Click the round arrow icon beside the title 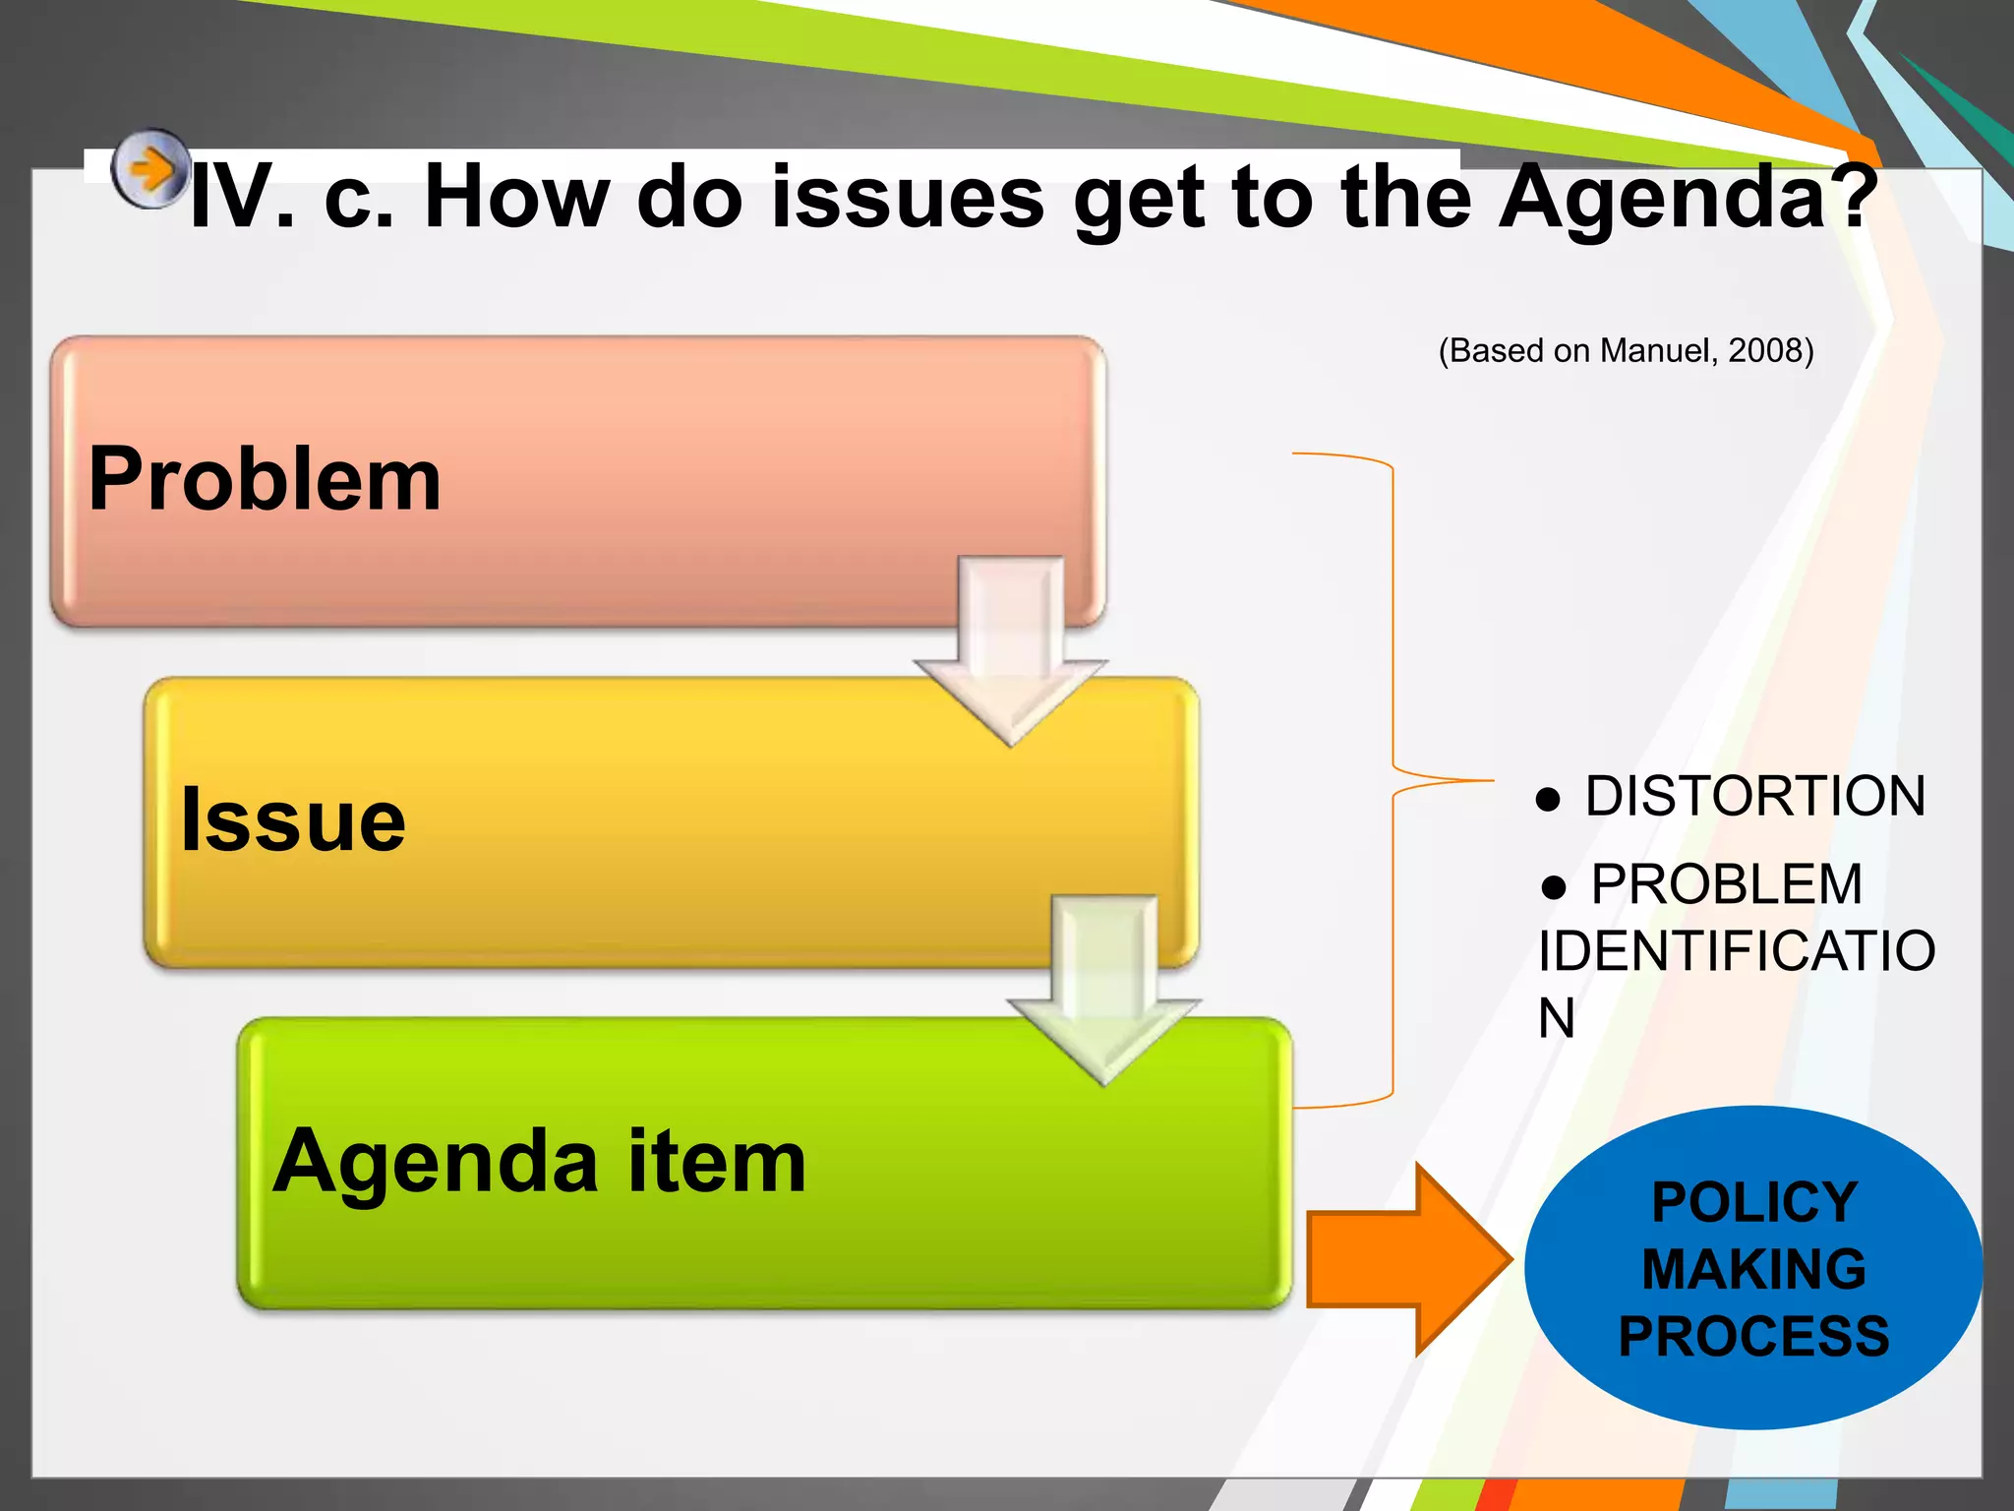[x=149, y=169]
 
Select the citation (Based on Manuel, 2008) [x=1626, y=350]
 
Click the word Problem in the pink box [x=265, y=479]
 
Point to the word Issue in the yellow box [x=292, y=819]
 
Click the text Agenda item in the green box [x=539, y=1162]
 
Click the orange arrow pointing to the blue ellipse [x=1408, y=1260]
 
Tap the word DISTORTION [x=1754, y=796]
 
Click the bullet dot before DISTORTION [x=1548, y=799]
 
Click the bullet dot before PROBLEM [x=1554, y=887]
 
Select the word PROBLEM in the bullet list [x=1727, y=884]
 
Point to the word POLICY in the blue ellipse [x=1753, y=1202]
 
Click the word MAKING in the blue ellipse [x=1753, y=1269]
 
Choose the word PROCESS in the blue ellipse [x=1753, y=1337]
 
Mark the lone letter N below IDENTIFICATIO [x=1557, y=1018]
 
